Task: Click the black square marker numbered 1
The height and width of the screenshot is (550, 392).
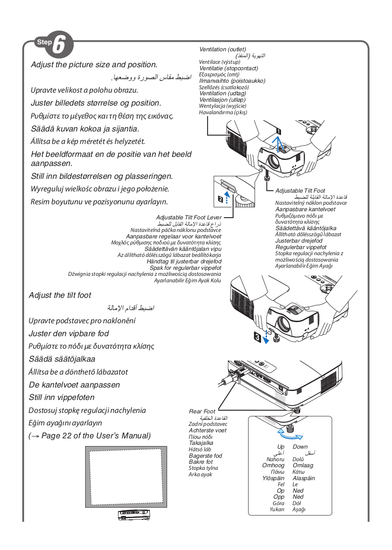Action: (x=279, y=131)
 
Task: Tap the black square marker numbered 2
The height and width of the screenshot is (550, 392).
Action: (x=221, y=199)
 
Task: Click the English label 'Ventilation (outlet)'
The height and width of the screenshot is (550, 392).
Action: (x=223, y=50)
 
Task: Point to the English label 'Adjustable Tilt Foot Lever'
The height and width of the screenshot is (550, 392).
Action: (x=189, y=218)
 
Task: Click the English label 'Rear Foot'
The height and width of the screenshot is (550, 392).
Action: (x=202, y=412)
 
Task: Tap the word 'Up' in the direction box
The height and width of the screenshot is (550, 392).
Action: (x=280, y=447)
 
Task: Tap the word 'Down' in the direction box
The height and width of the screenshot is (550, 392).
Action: (x=300, y=447)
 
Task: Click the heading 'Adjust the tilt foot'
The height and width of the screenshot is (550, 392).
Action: (x=60, y=295)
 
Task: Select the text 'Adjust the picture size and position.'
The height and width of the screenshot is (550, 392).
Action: (x=94, y=65)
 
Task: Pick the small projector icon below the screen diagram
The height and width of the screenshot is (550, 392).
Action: (x=134, y=515)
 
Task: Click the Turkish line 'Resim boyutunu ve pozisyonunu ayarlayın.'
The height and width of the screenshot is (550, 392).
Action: (x=99, y=202)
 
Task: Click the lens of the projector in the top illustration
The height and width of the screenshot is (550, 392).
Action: (x=274, y=160)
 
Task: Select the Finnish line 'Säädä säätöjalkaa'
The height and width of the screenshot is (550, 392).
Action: (x=62, y=359)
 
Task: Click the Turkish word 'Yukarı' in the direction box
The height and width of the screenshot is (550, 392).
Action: (x=277, y=509)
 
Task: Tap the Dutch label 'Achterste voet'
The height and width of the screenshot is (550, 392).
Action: (x=208, y=430)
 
